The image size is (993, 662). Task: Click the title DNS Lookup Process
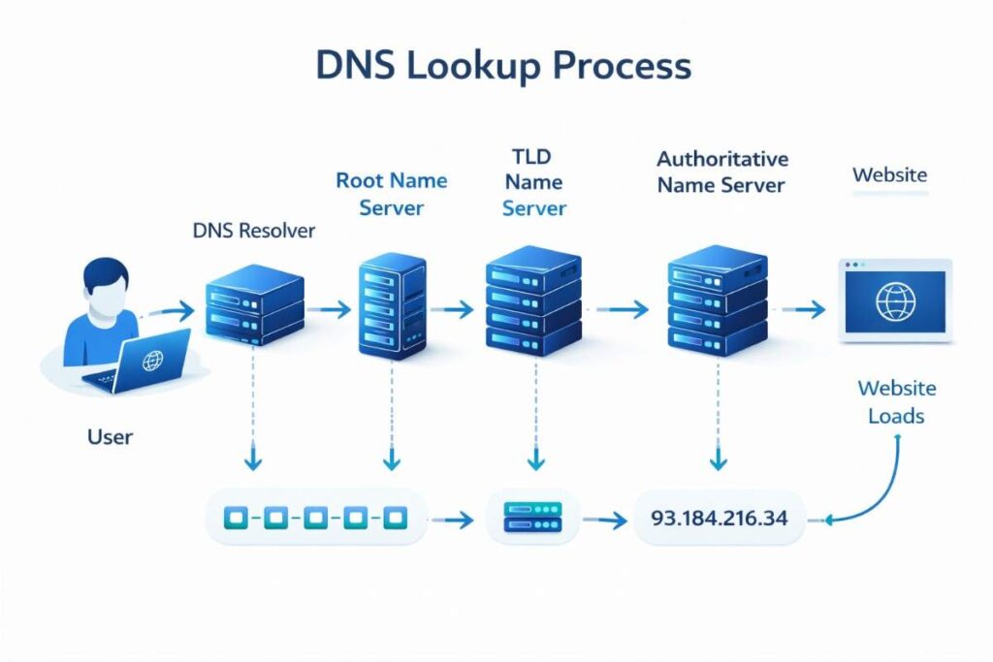(x=503, y=66)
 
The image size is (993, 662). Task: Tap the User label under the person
(x=110, y=437)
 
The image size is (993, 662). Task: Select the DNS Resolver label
(x=254, y=231)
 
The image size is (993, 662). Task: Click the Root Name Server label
(x=391, y=194)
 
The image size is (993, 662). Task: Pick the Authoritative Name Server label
(x=722, y=172)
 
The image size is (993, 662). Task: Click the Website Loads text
(x=896, y=402)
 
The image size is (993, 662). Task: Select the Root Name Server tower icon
(x=392, y=305)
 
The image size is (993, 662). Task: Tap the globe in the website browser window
(x=895, y=300)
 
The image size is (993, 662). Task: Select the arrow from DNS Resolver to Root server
(x=335, y=310)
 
